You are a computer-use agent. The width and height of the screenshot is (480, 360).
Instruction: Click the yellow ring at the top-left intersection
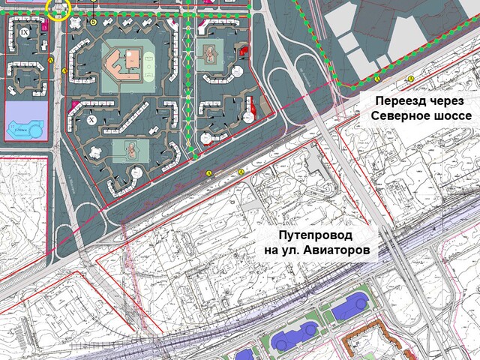click(58, 10)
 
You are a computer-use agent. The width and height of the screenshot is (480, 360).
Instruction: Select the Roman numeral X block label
click(91, 119)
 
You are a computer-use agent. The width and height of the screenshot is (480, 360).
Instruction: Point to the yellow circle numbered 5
click(93, 22)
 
